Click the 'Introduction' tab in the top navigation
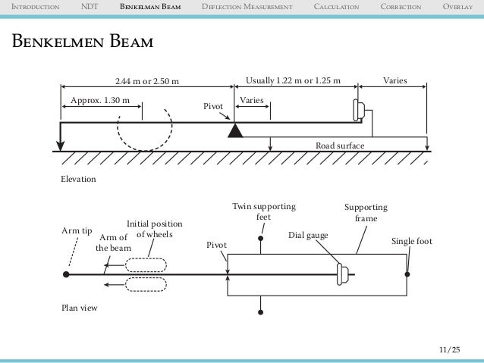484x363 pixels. click(x=30, y=8)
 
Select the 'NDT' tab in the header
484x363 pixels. click(x=89, y=8)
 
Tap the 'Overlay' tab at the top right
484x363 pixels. click(x=460, y=8)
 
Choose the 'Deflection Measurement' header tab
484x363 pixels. click(x=247, y=8)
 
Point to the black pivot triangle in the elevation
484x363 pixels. click(x=234, y=130)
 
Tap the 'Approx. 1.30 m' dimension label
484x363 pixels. click(x=99, y=100)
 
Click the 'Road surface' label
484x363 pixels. click(x=340, y=145)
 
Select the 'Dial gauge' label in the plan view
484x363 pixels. click(x=309, y=236)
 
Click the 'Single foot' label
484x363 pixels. click(x=411, y=241)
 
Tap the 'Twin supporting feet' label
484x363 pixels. click(x=263, y=211)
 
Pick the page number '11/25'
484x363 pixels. click(x=448, y=349)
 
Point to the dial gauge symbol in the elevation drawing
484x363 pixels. click(x=358, y=111)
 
